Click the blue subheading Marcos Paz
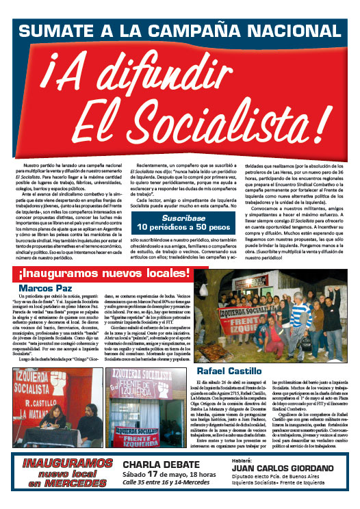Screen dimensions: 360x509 click(x=45, y=288)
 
